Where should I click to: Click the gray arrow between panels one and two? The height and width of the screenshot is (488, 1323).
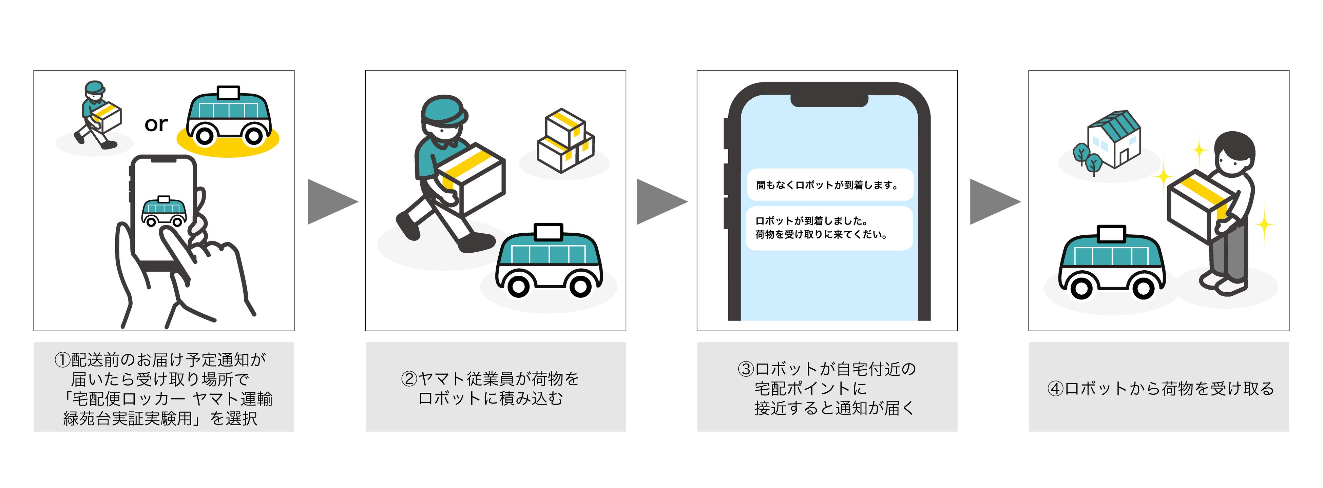pyautogui.click(x=330, y=202)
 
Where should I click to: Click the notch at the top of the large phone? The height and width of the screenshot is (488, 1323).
pyautogui.click(x=829, y=100)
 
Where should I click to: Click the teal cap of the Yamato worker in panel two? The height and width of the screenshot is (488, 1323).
pyautogui.click(x=442, y=110)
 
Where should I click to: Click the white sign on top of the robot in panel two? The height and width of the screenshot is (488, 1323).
pyautogui.click(x=549, y=232)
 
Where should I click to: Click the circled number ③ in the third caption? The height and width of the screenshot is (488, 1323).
pyautogui.click(x=746, y=369)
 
